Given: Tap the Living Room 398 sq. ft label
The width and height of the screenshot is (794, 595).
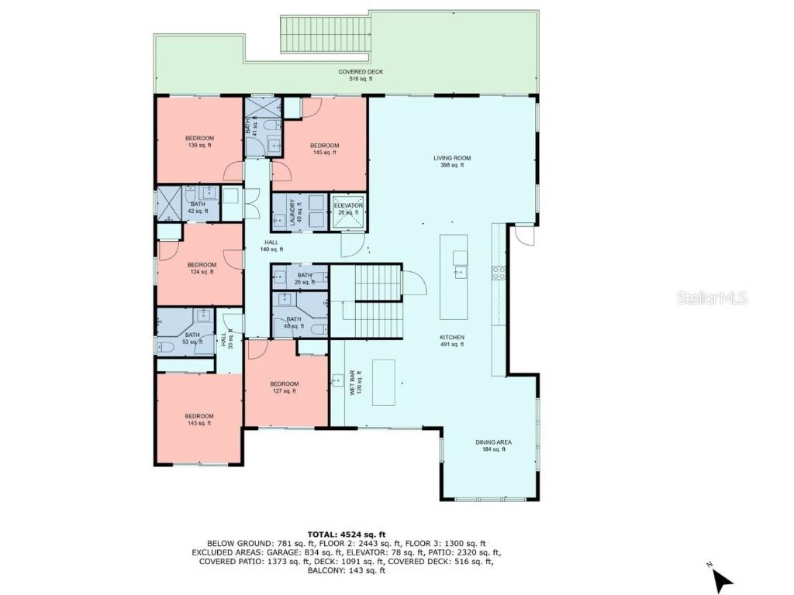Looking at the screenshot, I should point(452,161).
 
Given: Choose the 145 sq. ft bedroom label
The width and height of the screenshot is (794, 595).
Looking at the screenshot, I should point(324,149).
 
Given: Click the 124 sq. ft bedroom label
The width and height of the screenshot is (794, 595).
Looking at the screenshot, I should point(202,268).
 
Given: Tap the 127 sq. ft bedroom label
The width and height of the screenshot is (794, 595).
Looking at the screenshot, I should point(284,387).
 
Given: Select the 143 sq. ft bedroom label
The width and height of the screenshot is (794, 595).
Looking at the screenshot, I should point(199,419).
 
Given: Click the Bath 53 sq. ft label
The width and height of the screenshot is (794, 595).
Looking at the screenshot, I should point(192,339).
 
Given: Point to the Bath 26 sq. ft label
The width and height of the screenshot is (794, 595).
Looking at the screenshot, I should point(304,278).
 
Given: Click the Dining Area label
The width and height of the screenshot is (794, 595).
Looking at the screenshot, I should point(493,445).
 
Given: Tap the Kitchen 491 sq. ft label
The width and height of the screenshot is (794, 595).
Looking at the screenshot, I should point(451,341).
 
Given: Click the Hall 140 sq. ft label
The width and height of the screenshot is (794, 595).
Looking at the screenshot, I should point(271,246).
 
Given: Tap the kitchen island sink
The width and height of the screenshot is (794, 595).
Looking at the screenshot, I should point(461,270).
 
